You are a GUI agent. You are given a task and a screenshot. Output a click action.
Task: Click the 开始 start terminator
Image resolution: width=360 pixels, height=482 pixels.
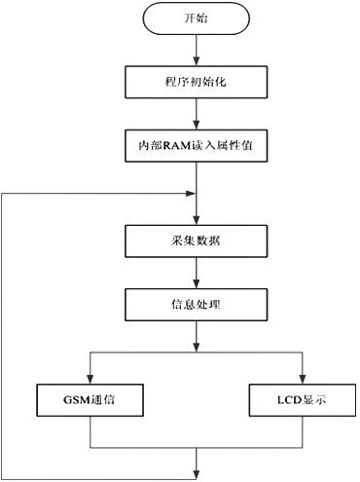point(198,19)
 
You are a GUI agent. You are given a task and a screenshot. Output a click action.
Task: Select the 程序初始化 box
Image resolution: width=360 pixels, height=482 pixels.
point(198,83)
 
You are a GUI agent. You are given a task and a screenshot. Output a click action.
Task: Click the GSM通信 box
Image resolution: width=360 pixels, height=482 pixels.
point(90,398)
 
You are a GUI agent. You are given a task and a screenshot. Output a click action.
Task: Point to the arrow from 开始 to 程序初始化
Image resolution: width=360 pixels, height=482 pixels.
point(198,49)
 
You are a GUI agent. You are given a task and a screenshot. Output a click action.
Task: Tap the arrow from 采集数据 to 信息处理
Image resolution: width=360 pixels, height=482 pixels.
point(198,273)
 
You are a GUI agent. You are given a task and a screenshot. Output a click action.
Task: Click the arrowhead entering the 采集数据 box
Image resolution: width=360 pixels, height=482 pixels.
point(198,220)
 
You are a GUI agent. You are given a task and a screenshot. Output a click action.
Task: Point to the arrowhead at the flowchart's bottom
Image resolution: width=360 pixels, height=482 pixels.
point(198,474)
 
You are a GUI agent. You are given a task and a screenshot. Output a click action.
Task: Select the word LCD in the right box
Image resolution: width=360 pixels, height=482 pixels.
point(289,398)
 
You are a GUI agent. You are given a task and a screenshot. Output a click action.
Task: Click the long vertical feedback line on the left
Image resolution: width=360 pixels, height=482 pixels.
point(7,331)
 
